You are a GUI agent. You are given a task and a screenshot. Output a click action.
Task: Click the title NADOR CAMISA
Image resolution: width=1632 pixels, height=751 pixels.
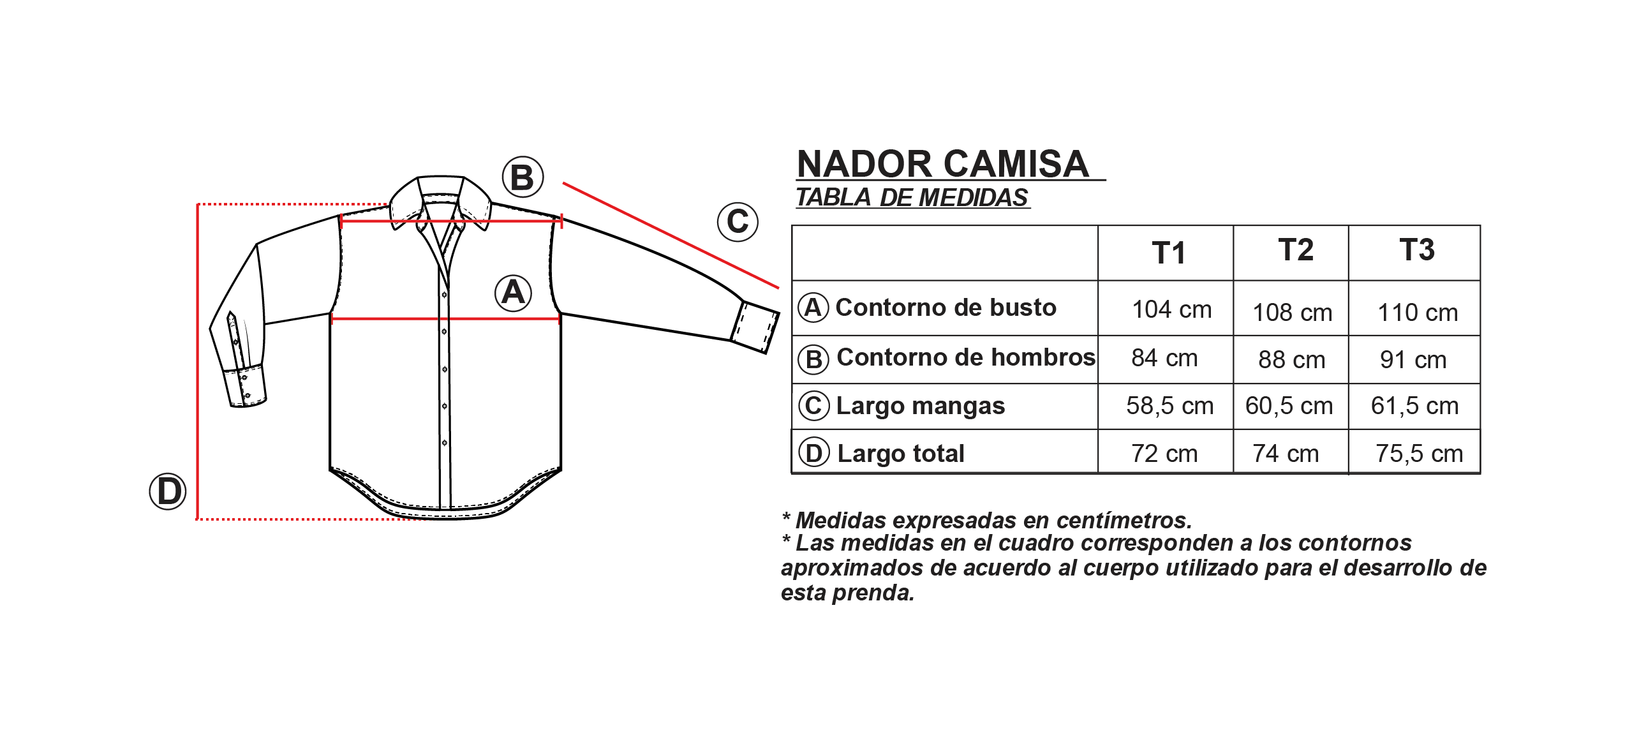943,164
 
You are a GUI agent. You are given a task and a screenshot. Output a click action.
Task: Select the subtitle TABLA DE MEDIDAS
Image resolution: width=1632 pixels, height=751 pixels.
912,197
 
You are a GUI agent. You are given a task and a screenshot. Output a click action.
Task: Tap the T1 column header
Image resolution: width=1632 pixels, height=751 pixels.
1168,253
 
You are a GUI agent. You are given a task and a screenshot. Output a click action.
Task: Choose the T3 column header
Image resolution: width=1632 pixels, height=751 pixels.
1417,249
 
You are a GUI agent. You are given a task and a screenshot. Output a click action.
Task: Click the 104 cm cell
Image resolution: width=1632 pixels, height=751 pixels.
1171,309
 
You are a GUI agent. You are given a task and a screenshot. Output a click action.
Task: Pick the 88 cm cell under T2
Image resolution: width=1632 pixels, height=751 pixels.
1291,360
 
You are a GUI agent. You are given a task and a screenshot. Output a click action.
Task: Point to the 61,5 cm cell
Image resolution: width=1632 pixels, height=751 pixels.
1414,406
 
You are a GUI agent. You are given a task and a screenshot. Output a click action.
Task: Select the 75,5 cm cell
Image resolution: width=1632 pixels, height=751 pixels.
1419,454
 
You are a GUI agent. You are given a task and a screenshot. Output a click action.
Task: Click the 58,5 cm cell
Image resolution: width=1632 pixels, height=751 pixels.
1169,406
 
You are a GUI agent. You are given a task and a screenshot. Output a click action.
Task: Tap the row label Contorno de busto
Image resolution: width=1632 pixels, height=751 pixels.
946,308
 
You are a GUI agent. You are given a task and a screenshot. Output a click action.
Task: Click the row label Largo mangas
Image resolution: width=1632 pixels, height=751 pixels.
920,406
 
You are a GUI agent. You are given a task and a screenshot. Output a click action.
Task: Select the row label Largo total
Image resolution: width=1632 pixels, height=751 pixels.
900,454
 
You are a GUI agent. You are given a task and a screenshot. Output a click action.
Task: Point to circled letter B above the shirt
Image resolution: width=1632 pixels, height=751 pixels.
523,177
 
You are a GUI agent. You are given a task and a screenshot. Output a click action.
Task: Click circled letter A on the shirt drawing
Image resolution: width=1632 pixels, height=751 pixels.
514,293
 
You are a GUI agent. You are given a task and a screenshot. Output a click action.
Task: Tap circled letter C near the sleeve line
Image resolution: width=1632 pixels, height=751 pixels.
738,221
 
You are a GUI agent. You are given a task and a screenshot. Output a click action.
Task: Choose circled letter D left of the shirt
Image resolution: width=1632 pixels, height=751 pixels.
168,491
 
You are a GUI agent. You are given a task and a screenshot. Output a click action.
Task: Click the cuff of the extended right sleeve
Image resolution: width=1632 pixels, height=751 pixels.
755,326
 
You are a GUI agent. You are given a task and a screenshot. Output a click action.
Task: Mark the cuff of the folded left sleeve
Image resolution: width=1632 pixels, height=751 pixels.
245,385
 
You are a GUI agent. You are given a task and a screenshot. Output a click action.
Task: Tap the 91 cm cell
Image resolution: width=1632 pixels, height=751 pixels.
1413,360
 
